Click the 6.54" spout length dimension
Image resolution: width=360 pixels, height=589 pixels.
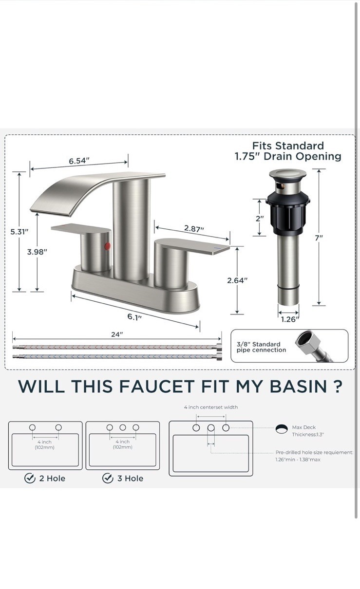point(79,161)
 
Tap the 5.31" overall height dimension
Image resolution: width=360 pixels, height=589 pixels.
point(19,232)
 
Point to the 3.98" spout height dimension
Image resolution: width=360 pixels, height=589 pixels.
point(37,252)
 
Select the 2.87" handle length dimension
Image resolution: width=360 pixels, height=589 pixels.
point(194,228)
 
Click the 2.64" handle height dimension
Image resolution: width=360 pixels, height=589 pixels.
point(237,280)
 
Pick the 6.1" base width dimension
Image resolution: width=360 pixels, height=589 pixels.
point(135,316)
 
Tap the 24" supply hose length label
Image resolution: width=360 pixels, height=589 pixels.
point(117,334)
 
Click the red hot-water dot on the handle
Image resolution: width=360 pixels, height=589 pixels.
point(107,246)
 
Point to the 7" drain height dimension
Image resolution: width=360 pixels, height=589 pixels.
point(319,238)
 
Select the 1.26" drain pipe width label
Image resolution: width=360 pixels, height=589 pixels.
point(290,319)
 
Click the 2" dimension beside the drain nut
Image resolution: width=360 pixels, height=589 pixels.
point(260,218)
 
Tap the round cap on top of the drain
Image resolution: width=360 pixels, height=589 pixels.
point(287,175)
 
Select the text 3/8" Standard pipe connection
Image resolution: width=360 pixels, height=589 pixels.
point(261,347)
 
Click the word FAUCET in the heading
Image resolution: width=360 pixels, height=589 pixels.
point(157,387)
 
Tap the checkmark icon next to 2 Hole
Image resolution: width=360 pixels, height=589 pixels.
point(30,478)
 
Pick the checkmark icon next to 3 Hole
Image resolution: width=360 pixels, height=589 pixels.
point(108,478)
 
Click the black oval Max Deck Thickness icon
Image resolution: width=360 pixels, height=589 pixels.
point(282,429)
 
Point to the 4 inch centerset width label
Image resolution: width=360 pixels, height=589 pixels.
point(211,407)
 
